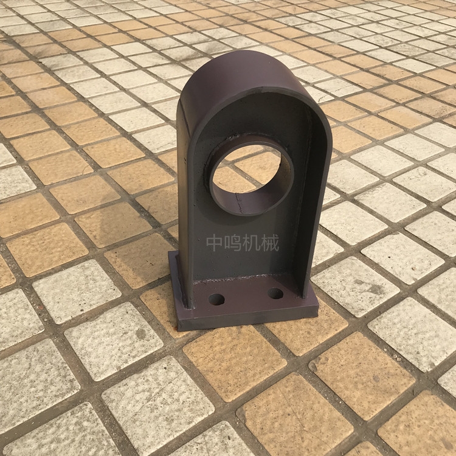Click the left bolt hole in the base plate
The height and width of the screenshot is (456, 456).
(216, 299)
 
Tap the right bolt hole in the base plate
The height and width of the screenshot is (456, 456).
(275, 294)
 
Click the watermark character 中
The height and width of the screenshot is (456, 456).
(215, 243)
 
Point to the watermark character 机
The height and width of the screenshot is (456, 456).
(252, 243)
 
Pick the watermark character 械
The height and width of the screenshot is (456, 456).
(270, 243)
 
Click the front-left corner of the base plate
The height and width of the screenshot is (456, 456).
(178, 330)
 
